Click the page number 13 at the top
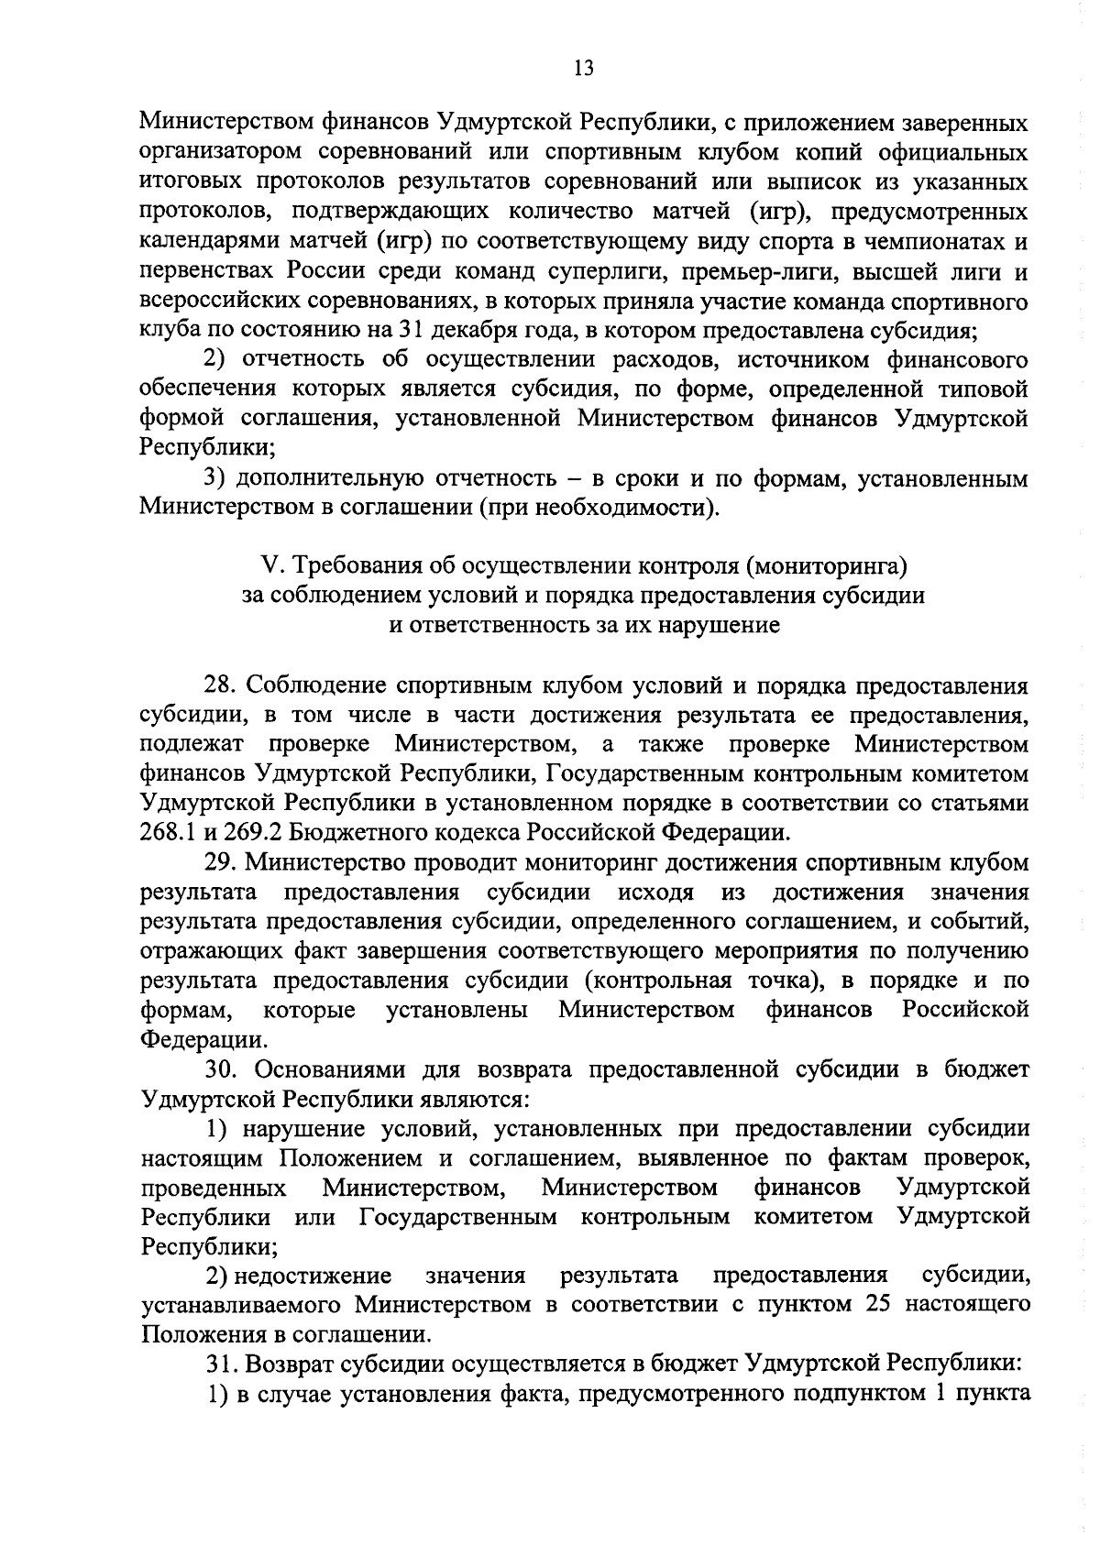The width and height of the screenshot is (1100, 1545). coord(583,68)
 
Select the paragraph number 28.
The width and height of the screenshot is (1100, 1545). coord(221,685)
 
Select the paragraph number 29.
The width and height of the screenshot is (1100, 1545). coord(221,862)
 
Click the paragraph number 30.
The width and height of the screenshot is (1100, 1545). coord(221,1068)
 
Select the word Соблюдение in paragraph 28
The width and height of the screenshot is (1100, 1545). coord(318,685)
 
